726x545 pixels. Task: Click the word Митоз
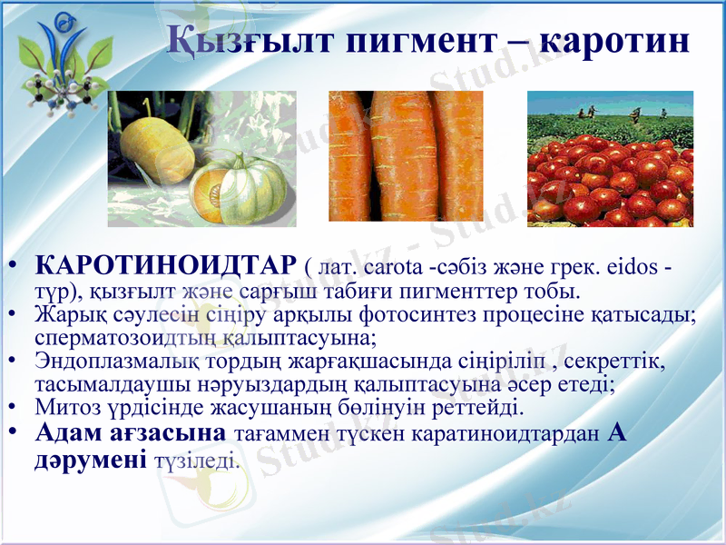click(x=63, y=406)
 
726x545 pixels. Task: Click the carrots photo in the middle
click(x=406, y=155)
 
